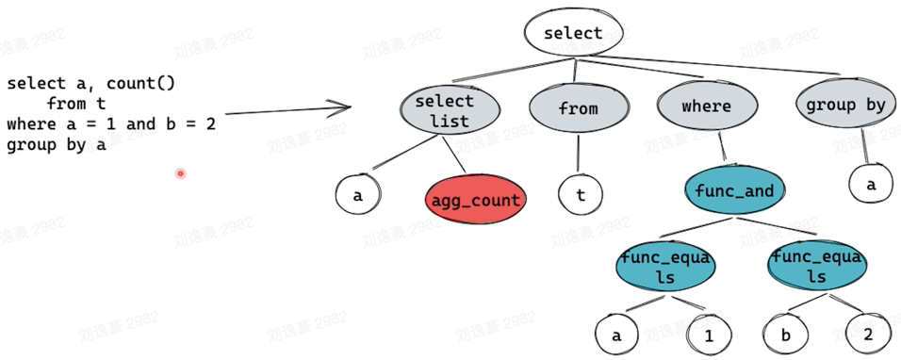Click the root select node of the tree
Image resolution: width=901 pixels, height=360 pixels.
coord(573,33)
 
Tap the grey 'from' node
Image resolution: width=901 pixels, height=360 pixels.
coord(578,108)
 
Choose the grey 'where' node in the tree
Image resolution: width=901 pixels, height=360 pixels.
coord(706,106)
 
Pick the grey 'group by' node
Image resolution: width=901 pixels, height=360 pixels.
coord(844,106)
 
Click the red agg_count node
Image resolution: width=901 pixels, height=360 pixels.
coord(476,200)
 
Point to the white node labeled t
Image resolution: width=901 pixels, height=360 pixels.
coord(580,196)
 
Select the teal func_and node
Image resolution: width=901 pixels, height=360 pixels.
coord(733,192)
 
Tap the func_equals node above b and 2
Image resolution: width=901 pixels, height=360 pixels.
coord(815,266)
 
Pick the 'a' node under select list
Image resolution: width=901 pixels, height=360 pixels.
coord(357,196)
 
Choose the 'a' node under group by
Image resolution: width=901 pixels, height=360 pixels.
coord(871,185)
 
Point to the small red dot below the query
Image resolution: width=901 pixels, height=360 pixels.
coord(180,173)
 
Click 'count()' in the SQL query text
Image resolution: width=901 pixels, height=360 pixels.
coord(140,84)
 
